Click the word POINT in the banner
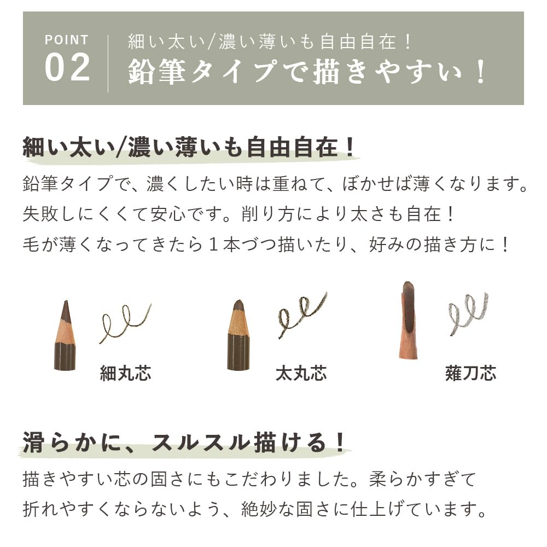[x=66, y=40]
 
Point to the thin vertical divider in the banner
[x=108, y=63]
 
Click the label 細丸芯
[x=125, y=374]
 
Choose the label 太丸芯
[x=301, y=374]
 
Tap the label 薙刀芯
[x=470, y=374]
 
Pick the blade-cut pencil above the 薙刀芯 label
[x=408, y=320]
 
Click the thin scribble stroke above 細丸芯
[x=125, y=323]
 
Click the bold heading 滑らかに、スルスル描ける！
[x=185, y=443]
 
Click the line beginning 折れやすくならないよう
[x=255, y=509]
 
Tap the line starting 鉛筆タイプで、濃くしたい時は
[x=276, y=184]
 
